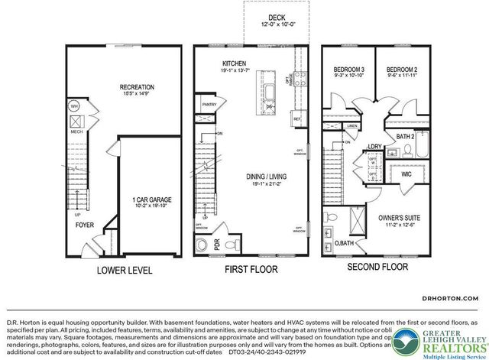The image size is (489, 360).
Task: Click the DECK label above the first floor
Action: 276,17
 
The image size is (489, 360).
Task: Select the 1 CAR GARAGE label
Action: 151,199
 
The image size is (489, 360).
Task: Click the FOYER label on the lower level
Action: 84,225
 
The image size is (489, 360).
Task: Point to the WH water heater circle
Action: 75,106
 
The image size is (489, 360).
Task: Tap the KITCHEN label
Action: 233,63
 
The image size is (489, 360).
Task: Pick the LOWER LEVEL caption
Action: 124,271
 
